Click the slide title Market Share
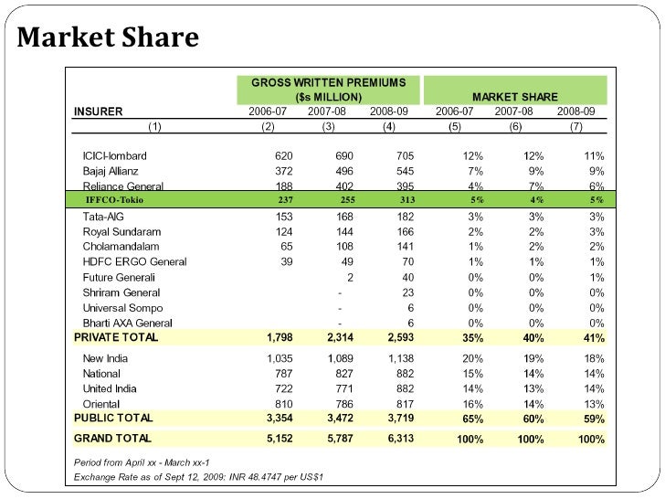click(x=108, y=38)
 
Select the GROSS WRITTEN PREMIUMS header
click(x=328, y=82)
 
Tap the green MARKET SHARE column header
click(x=514, y=96)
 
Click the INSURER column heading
click(x=98, y=111)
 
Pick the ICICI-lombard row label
click(x=114, y=156)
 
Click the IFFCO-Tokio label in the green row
click(x=114, y=199)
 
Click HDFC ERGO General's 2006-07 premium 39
click(x=285, y=262)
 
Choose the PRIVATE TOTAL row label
click(x=116, y=337)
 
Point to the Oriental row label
click(x=102, y=403)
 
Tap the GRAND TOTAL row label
click(x=113, y=439)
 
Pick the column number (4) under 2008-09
click(x=389, y=126)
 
